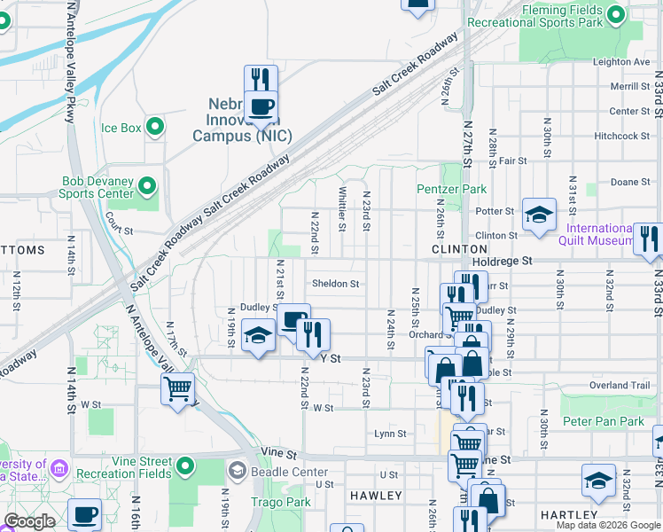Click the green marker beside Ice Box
[156, 128]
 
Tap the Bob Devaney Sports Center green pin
[147, 186]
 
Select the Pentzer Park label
[440, 189]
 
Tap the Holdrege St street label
[503, 262]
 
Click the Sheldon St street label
[335, 285]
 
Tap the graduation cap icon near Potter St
[539, 215]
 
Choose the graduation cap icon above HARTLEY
[599, 481]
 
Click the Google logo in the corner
[29, 521]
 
